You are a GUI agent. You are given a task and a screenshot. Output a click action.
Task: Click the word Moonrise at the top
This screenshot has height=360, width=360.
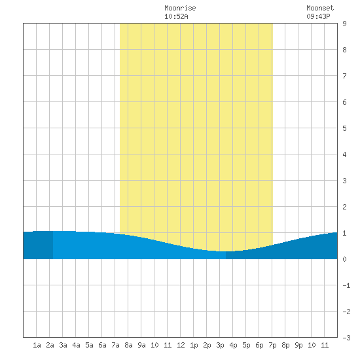point(180,8)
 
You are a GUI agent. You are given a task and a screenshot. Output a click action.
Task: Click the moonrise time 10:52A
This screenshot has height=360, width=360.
point(176,16)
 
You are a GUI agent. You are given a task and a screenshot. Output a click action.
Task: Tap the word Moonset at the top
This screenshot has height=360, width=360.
point(320,8)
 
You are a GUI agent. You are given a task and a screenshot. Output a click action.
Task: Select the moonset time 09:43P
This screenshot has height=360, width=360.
point(318,16)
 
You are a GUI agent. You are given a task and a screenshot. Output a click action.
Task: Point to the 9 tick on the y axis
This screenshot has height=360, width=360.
point(344,24)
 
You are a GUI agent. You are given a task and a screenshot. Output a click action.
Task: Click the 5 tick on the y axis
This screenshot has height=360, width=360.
point(344,128)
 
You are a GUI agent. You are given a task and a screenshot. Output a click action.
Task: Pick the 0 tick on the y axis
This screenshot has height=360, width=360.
point(344,259)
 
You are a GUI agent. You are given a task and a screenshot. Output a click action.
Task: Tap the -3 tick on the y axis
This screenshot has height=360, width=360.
point(346,338)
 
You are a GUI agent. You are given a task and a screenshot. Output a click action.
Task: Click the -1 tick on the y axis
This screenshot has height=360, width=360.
point(346,285)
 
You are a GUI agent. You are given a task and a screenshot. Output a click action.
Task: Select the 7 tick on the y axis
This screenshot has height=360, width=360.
point(344,76)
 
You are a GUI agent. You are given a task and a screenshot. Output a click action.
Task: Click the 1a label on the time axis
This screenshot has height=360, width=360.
point(37,345)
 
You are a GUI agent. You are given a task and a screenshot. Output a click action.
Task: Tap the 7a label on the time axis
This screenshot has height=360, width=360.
point(115,345)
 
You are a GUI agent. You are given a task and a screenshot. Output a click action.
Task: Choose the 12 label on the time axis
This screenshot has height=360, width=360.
point(181,345)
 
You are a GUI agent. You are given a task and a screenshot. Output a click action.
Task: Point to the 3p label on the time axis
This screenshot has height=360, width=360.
point(220,345)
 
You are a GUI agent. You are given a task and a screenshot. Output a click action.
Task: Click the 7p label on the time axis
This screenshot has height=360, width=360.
point(272,345)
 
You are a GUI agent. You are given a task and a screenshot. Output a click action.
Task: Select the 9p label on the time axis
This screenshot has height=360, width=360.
point(298,345)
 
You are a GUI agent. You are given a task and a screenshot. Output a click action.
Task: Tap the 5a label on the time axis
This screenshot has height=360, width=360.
point(89,345)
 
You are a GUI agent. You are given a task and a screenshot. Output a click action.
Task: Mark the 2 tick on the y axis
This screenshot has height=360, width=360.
point(344,207)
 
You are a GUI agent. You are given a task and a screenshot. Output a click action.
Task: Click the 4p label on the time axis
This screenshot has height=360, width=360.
point(233,345)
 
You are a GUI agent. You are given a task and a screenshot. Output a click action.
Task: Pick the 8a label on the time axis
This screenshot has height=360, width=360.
point(128,345)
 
